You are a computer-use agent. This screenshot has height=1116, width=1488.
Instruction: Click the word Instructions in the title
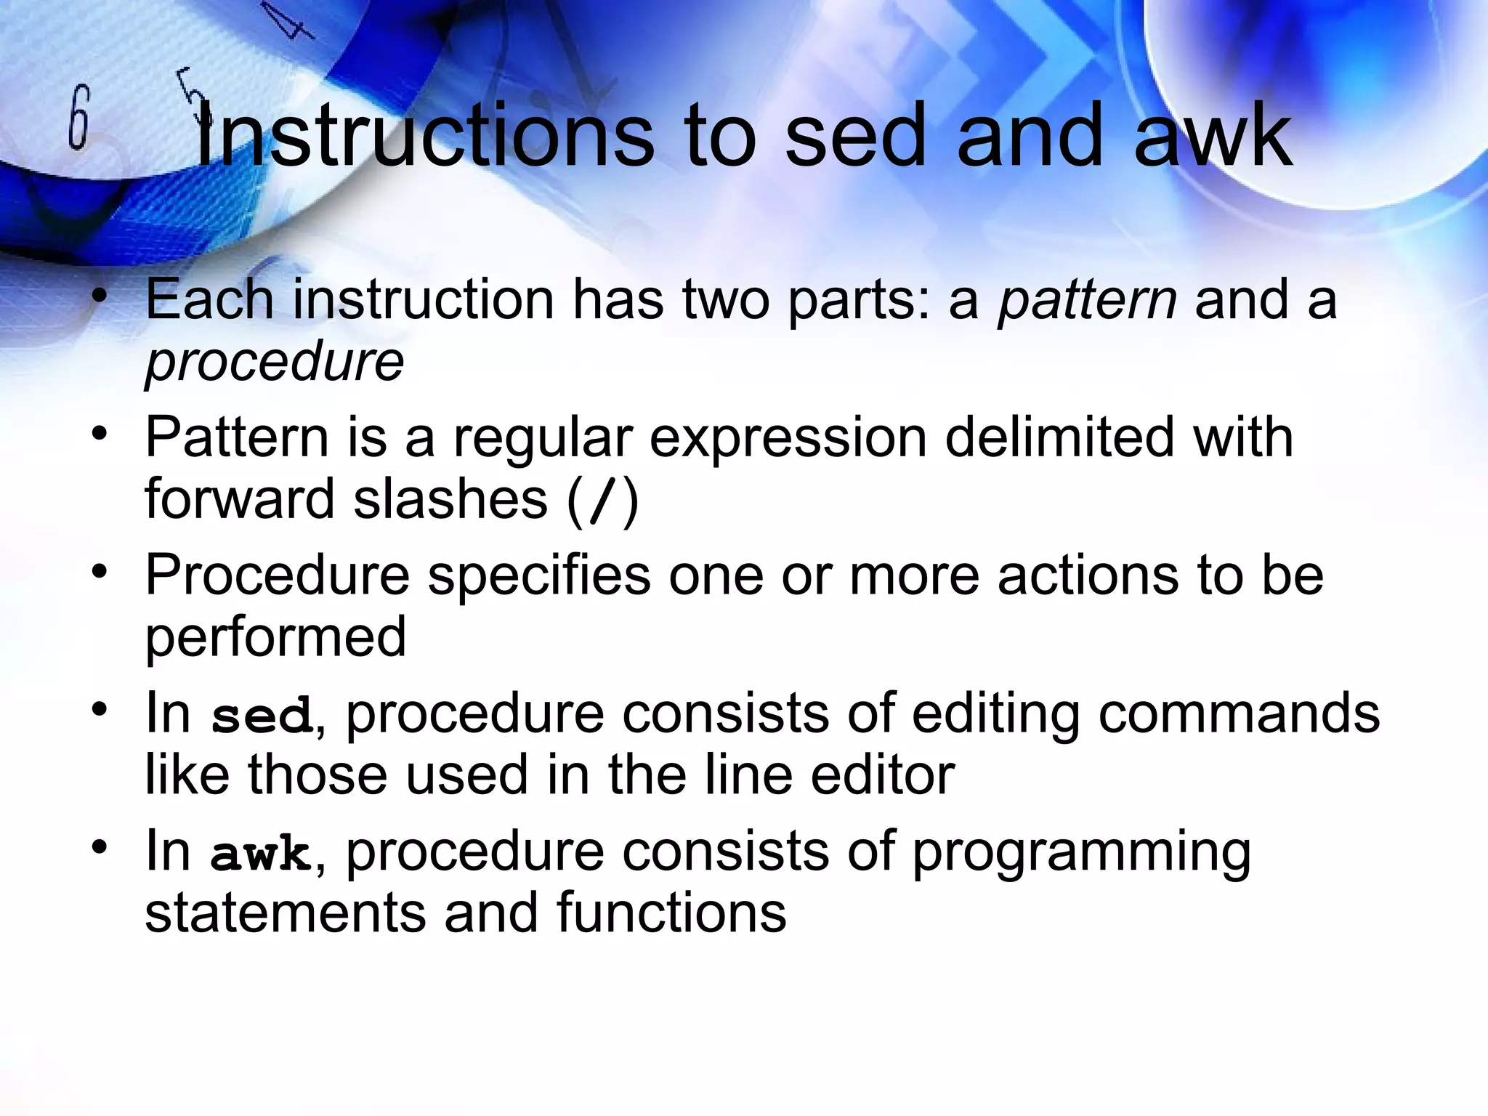[x=425, y=136]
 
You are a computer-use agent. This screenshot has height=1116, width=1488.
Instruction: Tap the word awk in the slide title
[x=1213, y=136]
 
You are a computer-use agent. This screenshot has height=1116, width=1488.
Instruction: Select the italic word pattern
[x=1087, y=299]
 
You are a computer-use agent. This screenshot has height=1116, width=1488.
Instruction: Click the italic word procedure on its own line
[x=274, y=361]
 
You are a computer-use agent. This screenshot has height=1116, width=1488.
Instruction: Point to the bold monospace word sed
[x=262, y=716]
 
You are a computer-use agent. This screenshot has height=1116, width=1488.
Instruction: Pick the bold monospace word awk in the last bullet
[x=260, y=854]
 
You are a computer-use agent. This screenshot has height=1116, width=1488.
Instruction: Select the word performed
[x=275, y=637]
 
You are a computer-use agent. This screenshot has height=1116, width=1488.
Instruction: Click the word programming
[x=1081, y=852]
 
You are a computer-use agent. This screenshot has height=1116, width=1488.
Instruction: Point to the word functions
[x=671, y=913]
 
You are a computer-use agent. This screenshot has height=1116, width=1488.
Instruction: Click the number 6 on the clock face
[x=78, y=118]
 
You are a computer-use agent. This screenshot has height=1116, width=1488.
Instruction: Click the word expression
[x=788, y=437]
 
